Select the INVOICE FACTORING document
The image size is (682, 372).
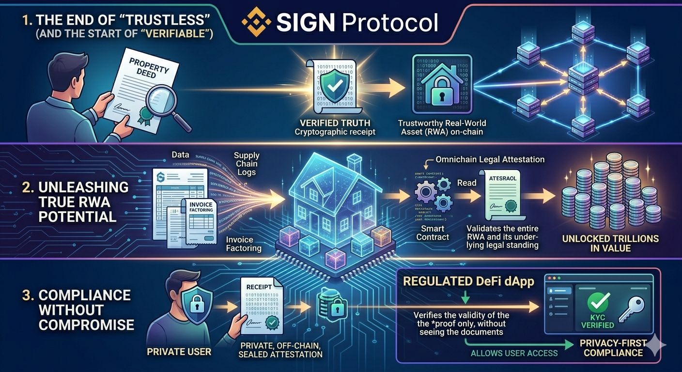(x=201, y=220)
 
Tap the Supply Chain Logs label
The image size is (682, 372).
(x=247, y=164)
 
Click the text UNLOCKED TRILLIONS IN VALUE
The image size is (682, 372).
(x=610, y=243)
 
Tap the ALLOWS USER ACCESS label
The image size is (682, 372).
(x=514, y=353)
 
